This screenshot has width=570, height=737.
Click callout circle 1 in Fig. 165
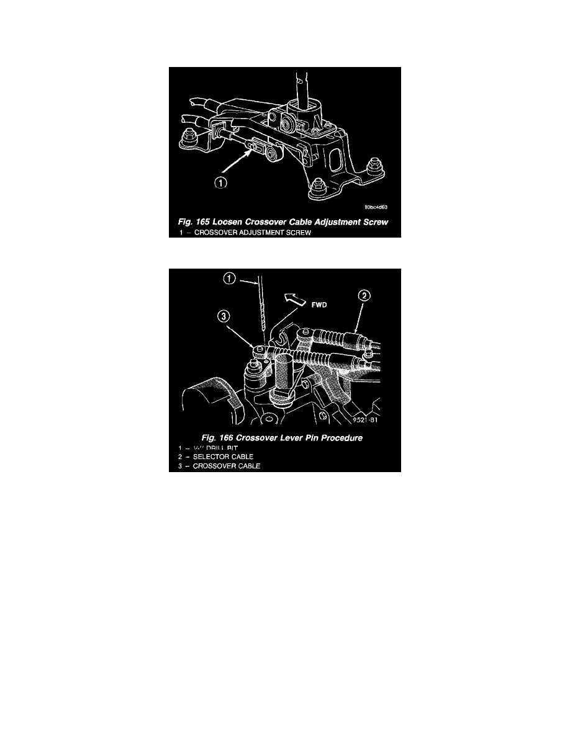pyautogui.click(x=222, y=183)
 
